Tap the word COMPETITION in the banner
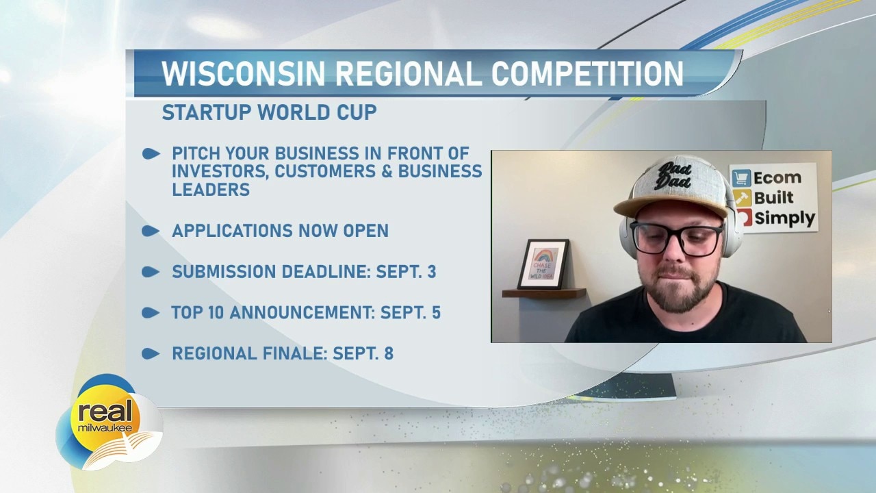tap(587, 73)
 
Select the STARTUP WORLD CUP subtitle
tap(270, 112)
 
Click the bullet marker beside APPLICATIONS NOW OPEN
tap(151, 231)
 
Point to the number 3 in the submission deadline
tap(431, 272)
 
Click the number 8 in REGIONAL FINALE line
tap(389, 353)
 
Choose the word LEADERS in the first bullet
tap(211, 190)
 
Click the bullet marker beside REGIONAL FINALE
tap(151, 354)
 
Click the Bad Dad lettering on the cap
tap(674, 175)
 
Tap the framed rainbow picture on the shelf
tap(543, 264)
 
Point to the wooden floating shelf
tap(544, 292)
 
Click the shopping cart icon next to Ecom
tap(741, 178)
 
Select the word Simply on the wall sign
tap(784, 218)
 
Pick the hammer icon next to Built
tap(742, 198)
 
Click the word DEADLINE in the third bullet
tap(326, 272)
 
